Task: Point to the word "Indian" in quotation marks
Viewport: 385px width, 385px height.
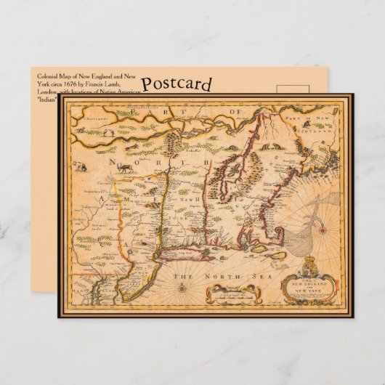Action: coord(46,100)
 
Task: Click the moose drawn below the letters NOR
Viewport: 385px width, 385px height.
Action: coord(128,167)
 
